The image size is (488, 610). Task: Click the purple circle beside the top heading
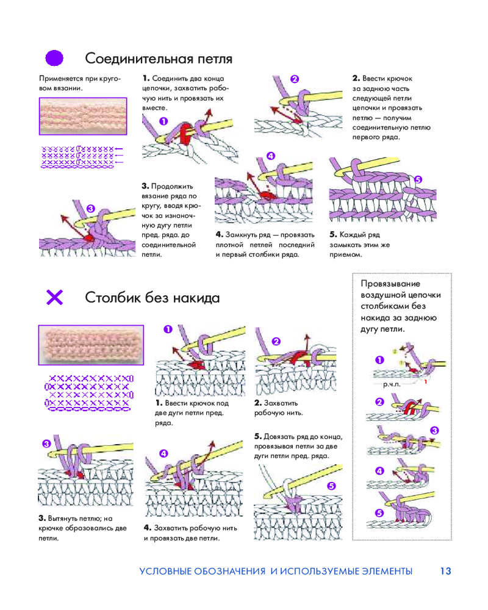click(x=55, y=58)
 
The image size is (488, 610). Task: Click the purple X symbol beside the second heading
click(x=55, y=297)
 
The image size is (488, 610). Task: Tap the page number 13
click(x=445, y=572)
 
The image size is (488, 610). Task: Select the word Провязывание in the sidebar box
click(x=391, y=284)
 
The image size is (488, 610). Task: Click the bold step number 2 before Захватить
click(x=257, y=403)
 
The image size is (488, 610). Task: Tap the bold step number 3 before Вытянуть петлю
click(x=41, y=518)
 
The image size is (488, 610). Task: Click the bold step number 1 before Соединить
click(x=146, y=79)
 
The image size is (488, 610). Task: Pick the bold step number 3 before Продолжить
click(x=145, y=186)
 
